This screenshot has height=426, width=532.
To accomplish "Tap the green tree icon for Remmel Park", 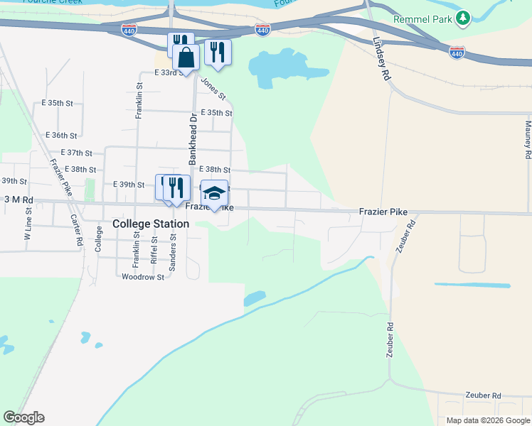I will [464, 16].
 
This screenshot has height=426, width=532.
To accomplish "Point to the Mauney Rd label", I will [528, 138].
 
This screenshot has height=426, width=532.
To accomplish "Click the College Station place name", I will [151, 224].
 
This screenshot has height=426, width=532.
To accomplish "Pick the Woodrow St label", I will [143, 277].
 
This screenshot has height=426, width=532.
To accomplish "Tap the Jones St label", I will [213, 89].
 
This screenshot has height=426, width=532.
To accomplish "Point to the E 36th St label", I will [60, 135].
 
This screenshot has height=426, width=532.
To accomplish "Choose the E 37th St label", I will [77, 153].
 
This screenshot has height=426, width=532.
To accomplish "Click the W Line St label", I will [29, 231].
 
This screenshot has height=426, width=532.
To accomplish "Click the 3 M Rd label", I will [18, 200].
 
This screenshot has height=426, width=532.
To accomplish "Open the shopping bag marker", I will [186, 58].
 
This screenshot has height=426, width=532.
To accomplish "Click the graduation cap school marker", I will [214, 193].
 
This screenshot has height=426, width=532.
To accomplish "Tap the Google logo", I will [23, 417].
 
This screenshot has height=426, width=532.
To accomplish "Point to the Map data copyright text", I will [487, 420].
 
